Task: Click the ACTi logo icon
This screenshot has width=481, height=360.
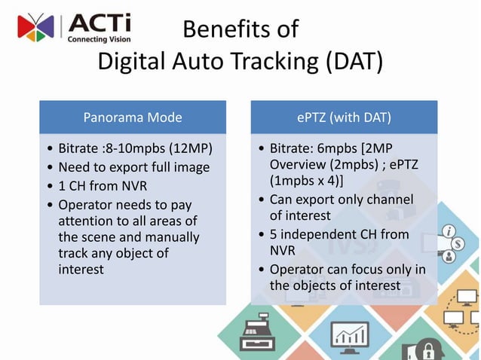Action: click(x=35, y=27)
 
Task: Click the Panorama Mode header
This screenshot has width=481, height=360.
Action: click(x=132, y=117)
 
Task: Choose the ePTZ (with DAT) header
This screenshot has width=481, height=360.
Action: click(x=344, y=117)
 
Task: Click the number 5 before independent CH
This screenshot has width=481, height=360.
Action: click(x=274, y=234)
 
